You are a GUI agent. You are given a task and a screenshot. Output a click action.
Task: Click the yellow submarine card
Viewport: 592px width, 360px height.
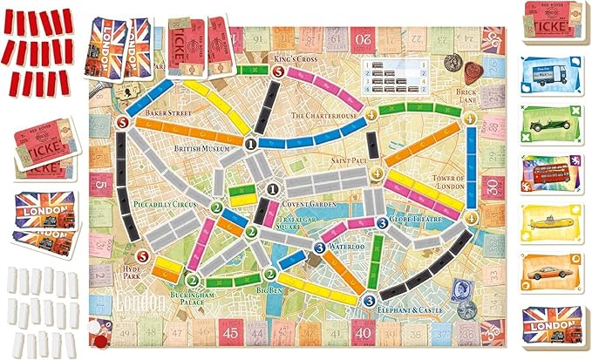[551, 226]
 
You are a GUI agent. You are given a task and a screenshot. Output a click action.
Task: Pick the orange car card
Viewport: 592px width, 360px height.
[551, 275]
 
